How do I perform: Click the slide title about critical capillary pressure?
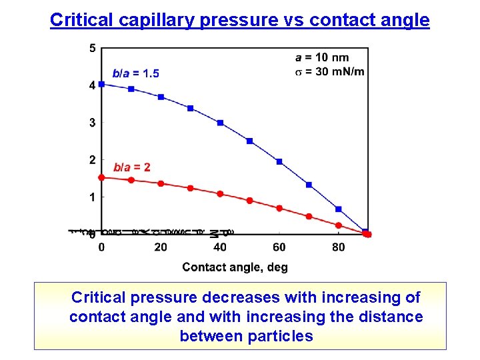(x=240, y=20)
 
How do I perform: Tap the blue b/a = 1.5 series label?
(x=135, y=73)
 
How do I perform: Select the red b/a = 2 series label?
(x=132, y=167)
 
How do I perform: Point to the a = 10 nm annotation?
(x=321, y=57)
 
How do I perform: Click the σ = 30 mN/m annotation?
(x=329, y=71)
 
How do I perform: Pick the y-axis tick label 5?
(x=92, y=48)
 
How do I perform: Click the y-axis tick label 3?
(x=92, y=123)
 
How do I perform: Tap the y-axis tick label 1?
(x=92, y=197)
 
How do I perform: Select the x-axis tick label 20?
(x=161, y=247)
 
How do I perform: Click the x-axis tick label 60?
(x=279, y=247)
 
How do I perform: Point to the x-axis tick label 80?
(x=339, y=247)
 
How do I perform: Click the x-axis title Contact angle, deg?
(x=235, y=267)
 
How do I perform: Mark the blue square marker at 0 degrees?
(x=101, y=84)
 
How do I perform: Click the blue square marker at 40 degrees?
(x=220, y=123)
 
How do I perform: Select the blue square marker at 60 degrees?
(x=279, y=161)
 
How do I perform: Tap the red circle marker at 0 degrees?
(x=101, y=177)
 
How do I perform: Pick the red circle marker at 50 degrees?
(x=250, y=201)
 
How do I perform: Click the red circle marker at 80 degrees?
(x=339, y=225)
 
